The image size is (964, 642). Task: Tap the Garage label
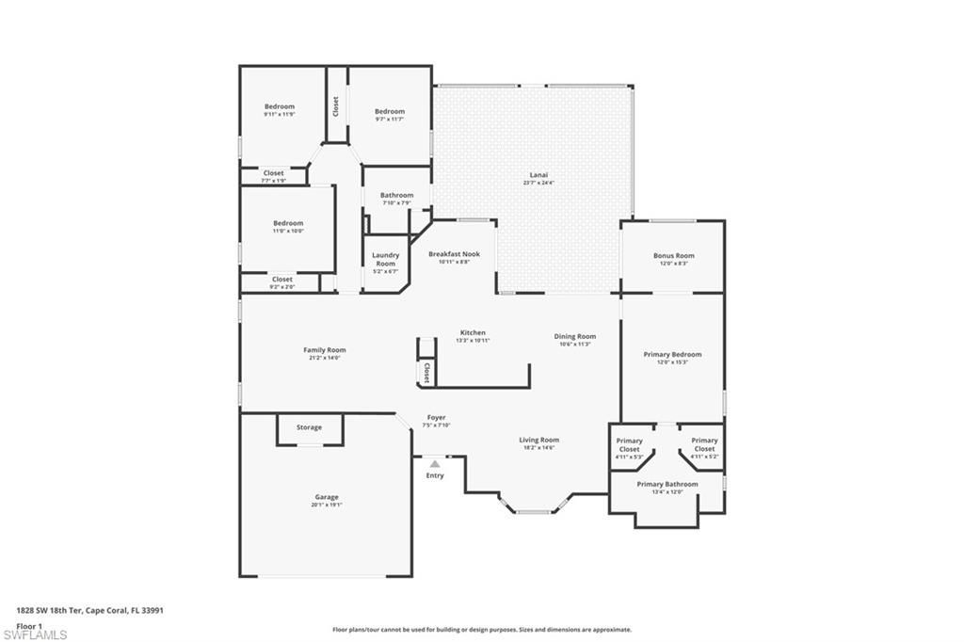coord(327,497)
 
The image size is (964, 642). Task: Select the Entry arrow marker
coord(434,463)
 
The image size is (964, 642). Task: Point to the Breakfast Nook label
coord(454,254)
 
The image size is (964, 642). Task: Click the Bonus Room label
coord(673,255)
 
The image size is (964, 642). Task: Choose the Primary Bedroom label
coord(672,355)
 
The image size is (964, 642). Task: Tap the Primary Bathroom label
coord(667,484)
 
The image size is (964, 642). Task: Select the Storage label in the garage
coord(309,427)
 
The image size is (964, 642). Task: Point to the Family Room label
coord(324,350)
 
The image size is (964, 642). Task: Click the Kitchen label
coord(473,332)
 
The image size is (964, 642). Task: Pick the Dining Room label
coord(574,336)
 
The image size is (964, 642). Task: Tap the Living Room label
coord(539,440)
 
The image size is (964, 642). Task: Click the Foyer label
coord(436,417)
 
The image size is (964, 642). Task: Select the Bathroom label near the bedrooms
coord(396,195)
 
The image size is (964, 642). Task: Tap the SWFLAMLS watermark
coord(36,634)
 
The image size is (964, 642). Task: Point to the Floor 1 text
coord(30,625)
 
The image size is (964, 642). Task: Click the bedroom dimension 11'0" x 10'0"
coord(288,231)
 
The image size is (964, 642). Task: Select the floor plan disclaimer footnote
coord(481,630)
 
